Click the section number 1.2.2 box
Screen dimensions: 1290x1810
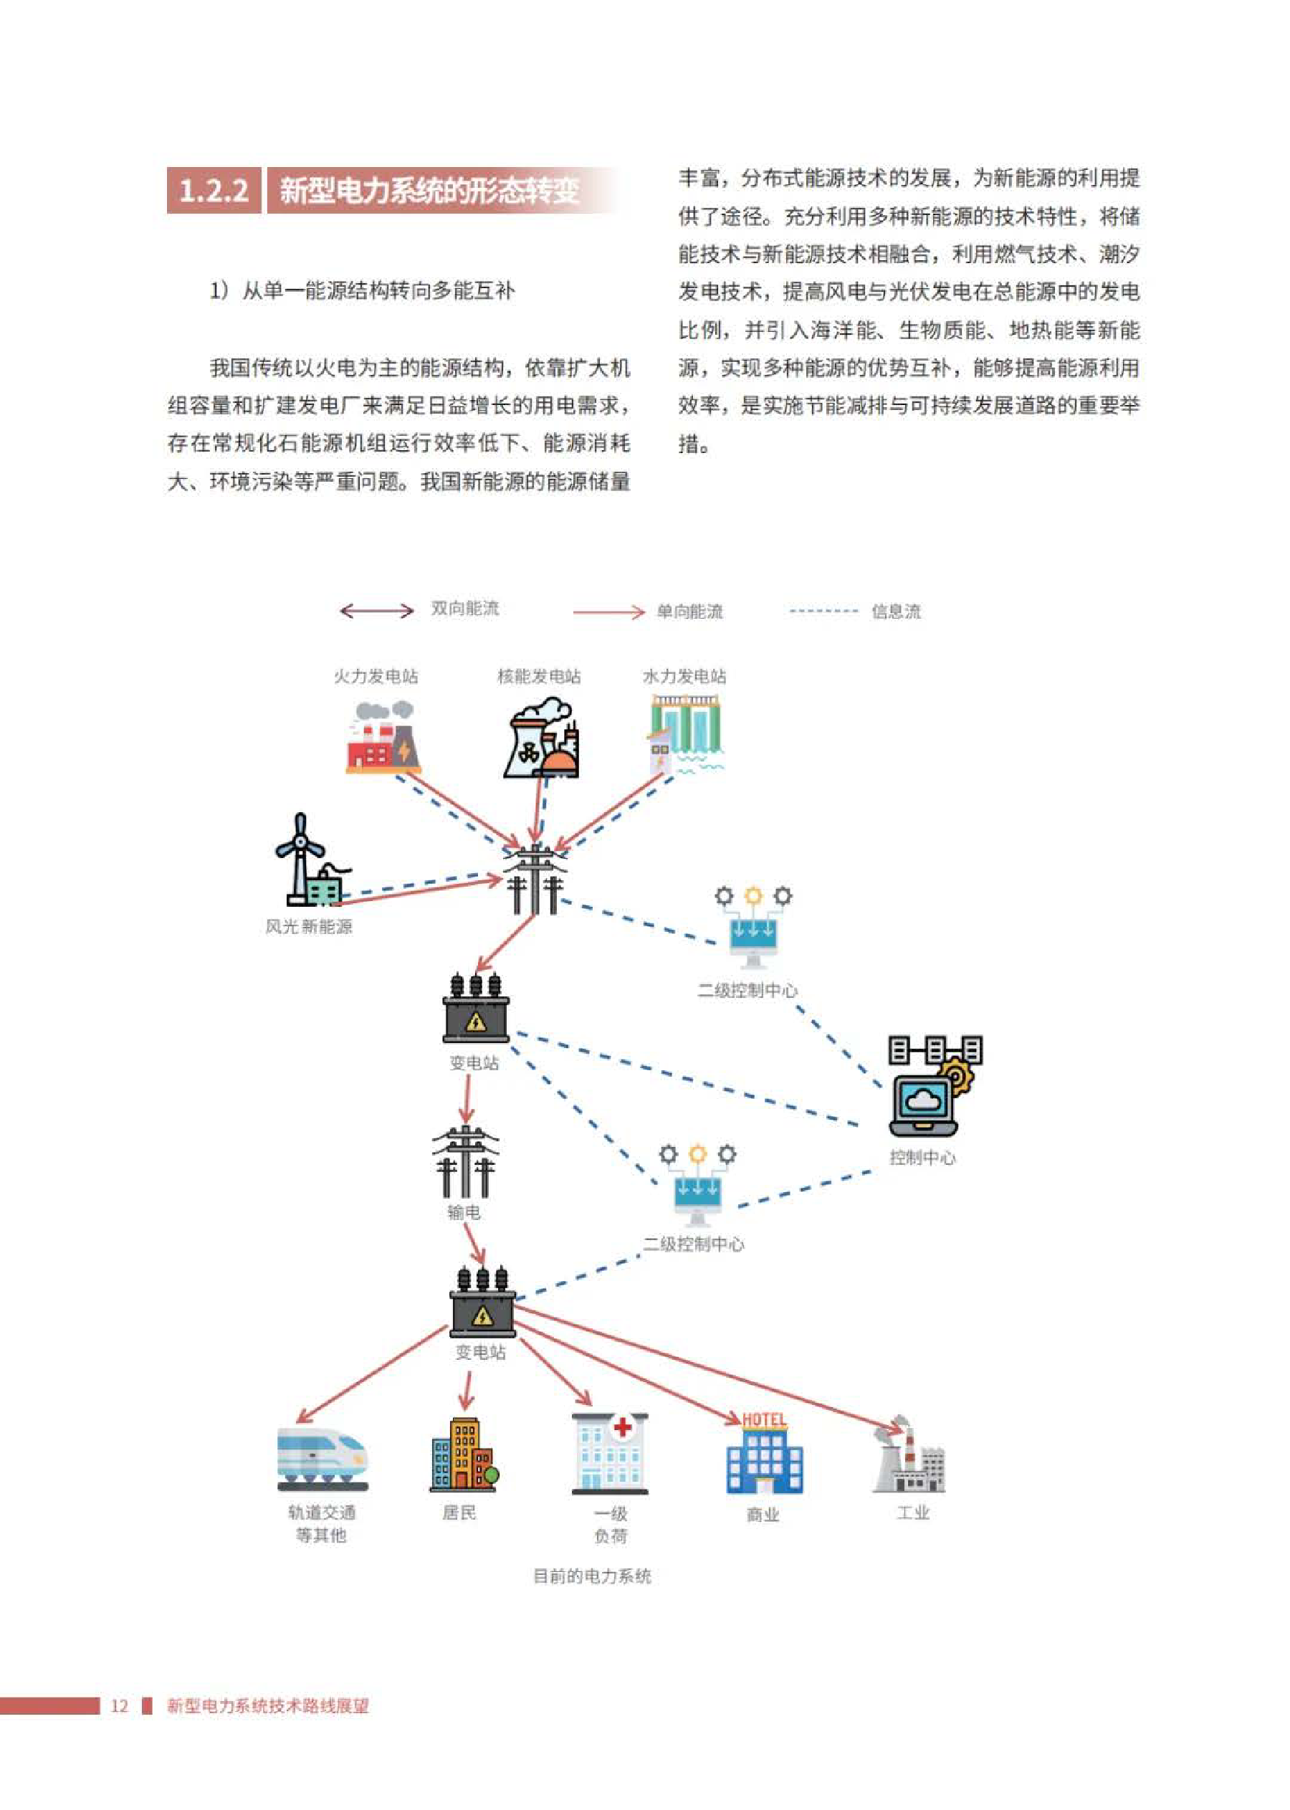pos(214,190)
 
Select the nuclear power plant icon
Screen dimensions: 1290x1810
pos(542,738)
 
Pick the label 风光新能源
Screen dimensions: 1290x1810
pos(309,926)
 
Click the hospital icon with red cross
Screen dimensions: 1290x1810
pos(610,1453)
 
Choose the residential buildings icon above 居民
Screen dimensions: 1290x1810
pos(464,1453)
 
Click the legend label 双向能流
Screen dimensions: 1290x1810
pos(464,609)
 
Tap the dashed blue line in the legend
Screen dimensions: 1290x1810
pos(823,611)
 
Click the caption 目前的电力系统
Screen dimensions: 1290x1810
pos(592,1576)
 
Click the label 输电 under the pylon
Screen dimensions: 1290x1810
pos(464,1212)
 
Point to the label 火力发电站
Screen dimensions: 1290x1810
pos(376,676)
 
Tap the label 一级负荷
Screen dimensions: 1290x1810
pos(611,1525)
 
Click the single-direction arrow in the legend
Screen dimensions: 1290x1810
pos(608,611)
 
